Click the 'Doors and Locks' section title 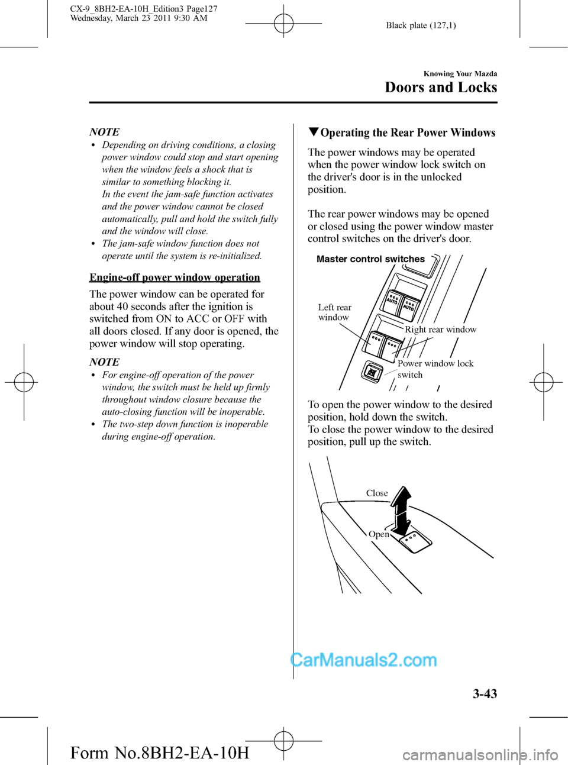[x=441, y=88]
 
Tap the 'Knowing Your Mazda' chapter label [x=460, y=74]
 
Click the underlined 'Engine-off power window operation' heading [x=175, y=277]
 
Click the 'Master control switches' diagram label [x=370, y=259]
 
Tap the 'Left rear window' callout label [x=334, y=312]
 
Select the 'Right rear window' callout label [x=440, y=330]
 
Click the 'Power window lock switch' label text [x=435, y=369]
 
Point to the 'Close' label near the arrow [x=377, y=493]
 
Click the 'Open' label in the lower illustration [x=379, y=535]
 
